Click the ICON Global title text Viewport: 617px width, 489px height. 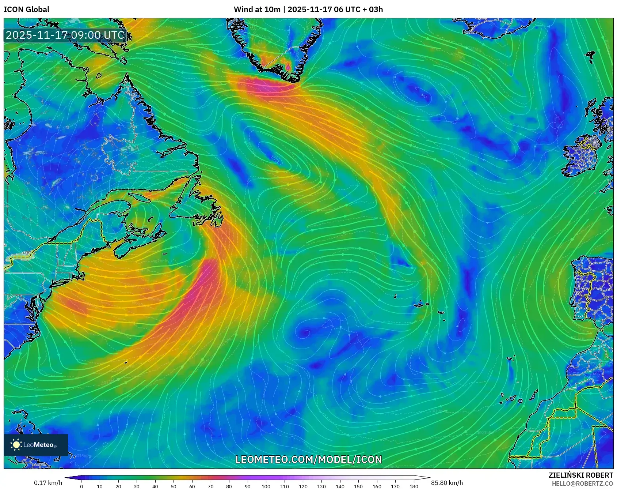click(x=26, y=9)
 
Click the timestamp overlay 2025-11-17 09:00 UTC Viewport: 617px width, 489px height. click(x=65, y=35)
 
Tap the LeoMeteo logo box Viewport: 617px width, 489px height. click(x=36, y=445)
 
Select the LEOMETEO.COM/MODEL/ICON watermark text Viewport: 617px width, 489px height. click(x=309, y=459)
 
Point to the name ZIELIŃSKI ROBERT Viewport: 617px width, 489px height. click(x=580, y=475)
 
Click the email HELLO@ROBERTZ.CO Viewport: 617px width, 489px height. click(x=582, y=484)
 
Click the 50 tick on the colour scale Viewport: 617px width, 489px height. click(x=174, y=486)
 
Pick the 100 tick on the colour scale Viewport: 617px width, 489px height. click(x=266, y=486)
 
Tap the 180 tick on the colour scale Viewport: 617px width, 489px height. click(x=414, y=486)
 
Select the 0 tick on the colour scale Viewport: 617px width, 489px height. click(x=81, y=486)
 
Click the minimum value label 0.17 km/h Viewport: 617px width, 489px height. click(x=48, y=483)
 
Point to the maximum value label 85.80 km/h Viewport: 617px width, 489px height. click(x=447, y=483)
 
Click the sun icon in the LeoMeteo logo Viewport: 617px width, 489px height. click(x=16, y=445)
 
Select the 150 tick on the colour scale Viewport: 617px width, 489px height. click(x=358, y=486)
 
